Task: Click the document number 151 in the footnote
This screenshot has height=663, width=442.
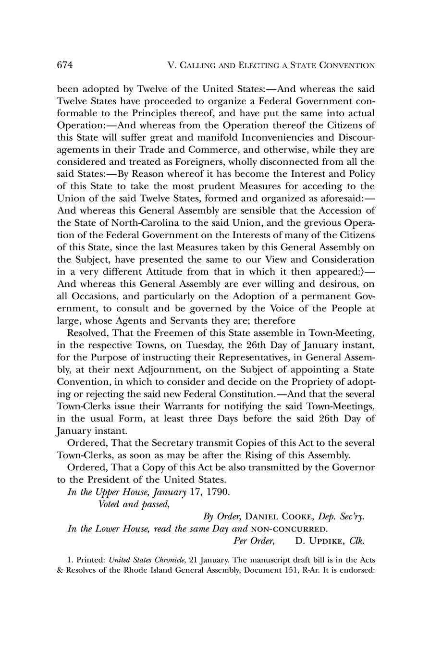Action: [284, 572]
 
